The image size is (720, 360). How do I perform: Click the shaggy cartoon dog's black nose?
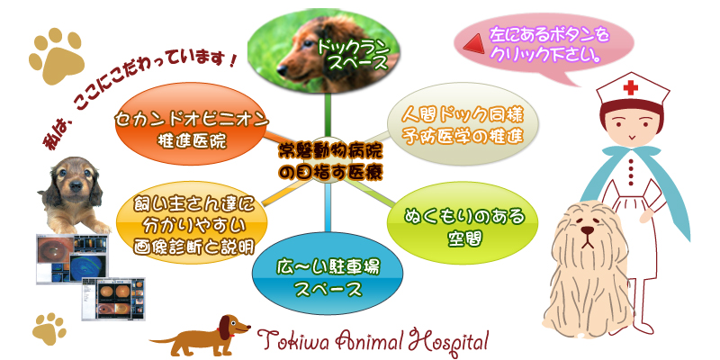(586, 241)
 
